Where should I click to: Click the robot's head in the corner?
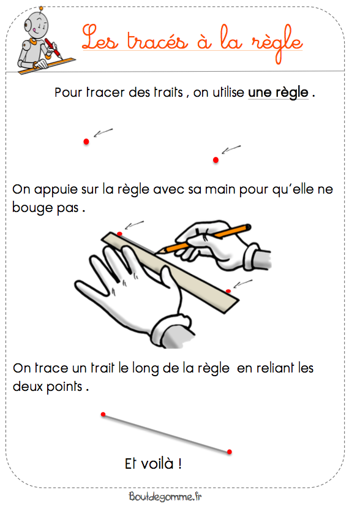click(x=37, y=25)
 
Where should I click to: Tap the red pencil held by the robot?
click(x=53, y=48)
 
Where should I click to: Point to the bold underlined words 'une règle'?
click(x=278, y=93)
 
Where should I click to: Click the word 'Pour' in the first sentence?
click(x=68, y=93)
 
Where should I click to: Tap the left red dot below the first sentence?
click(x=86, y=142)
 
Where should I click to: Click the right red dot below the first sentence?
click(x=216, y=160)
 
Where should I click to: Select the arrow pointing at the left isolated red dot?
click(x=103, y=132)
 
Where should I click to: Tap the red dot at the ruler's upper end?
click(x=119, y=233)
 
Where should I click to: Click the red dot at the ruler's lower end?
click(x=228, y=291)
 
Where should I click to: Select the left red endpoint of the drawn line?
click(x=103, y=414)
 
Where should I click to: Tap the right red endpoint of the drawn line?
click(x=230, y=452)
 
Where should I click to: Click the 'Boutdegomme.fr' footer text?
click(x=165, y=497)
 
